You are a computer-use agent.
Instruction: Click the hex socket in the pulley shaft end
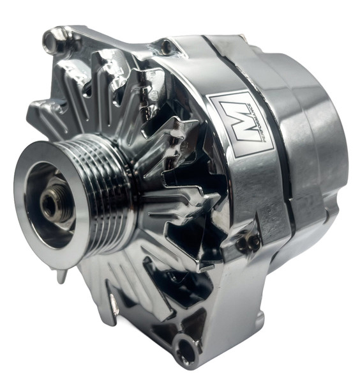pos(49,203)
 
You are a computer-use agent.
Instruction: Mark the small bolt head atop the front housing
pos(167,46)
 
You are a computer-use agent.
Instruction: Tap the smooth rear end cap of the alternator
pos(319,128)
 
